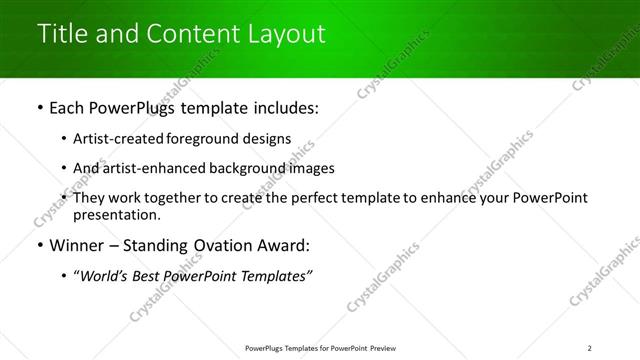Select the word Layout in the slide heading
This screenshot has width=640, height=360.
coord(286,34)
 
